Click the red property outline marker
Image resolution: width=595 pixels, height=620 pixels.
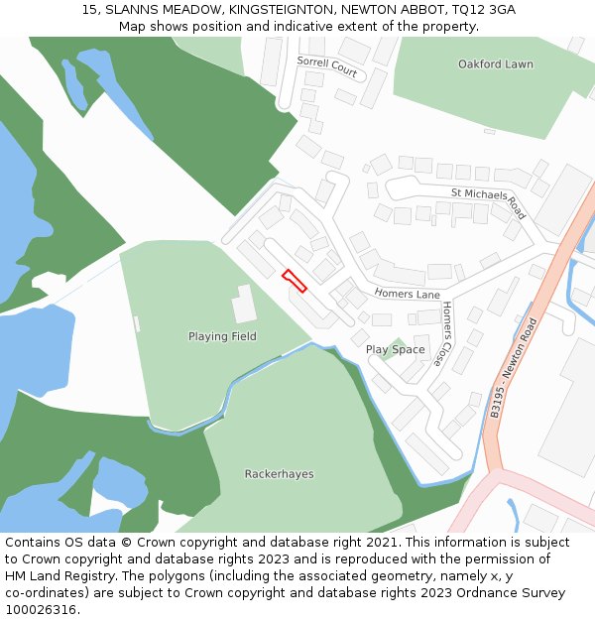[x=295, y=281]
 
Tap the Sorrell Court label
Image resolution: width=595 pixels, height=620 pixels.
[x=326, y=66]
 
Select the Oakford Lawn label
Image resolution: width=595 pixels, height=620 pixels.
[x=495, y=64]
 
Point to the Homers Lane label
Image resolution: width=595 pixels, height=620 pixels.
[x=407, y=294]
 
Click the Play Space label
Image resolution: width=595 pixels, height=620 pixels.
[x=395, y=349]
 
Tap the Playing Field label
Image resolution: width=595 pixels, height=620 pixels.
[x=222, y=336]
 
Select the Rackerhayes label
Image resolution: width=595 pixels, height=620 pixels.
[x=279, y=474]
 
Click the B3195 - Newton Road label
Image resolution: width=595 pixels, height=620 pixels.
[x=513, y=367]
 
